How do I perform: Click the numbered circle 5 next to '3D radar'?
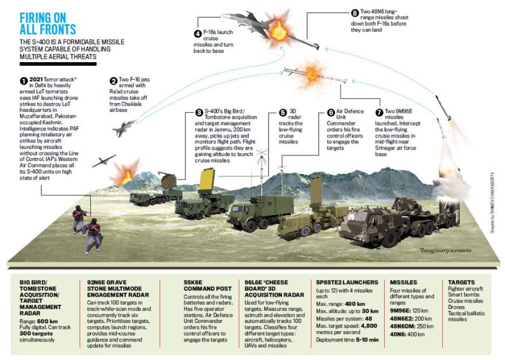(282, 113)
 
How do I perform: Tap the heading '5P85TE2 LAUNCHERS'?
(347, 283)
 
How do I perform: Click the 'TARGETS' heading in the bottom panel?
(462, 283)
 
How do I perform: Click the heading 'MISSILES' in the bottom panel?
(404, 283)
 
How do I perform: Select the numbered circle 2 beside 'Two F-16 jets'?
(113, 81)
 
